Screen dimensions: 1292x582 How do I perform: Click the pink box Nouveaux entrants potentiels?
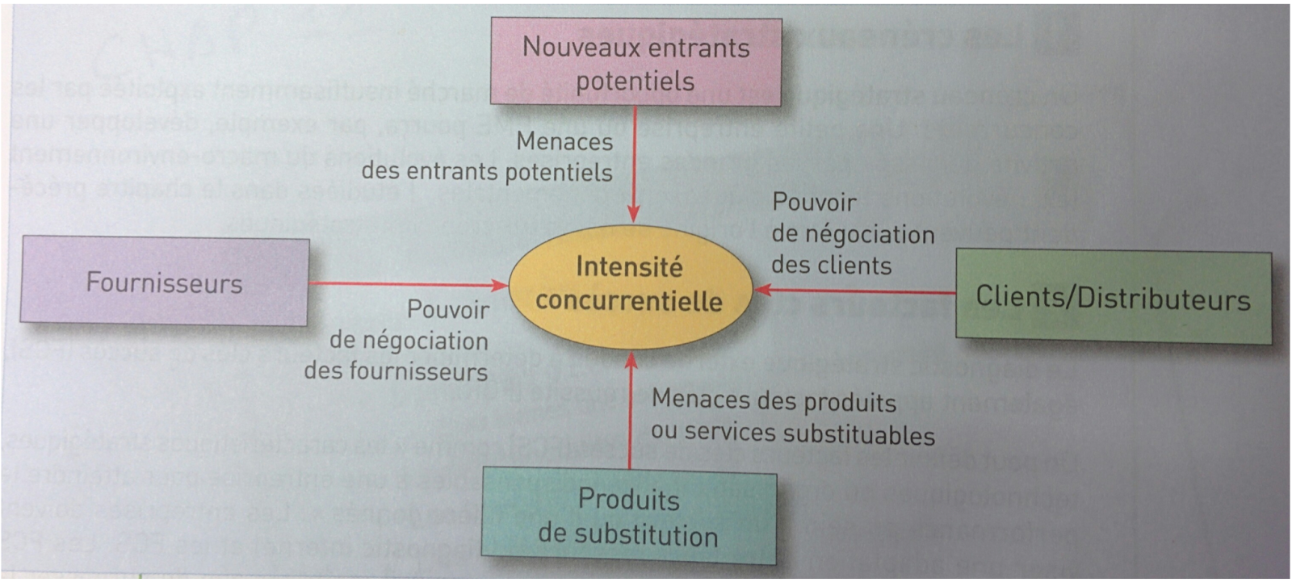coord(636,63)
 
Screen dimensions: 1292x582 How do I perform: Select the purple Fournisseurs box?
coord(164,281)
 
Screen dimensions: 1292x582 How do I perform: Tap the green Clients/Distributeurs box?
coord(1113,297)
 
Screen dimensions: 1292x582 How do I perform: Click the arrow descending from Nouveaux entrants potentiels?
coord(635,161)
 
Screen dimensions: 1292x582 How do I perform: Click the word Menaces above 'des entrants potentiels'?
coord(564,141)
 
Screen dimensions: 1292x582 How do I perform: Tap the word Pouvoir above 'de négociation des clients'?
coord(814,202)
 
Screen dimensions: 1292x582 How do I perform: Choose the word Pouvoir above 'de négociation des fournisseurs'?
coord(448,310)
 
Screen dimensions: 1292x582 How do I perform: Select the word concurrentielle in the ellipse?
coord(629,301)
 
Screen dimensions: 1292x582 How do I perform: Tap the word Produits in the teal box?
coord(628,500)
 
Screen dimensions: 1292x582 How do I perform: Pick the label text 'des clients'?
coord(831,266)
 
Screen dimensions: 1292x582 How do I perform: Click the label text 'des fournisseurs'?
coord(396,371)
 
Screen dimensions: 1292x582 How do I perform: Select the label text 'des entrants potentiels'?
coord(487,172)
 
